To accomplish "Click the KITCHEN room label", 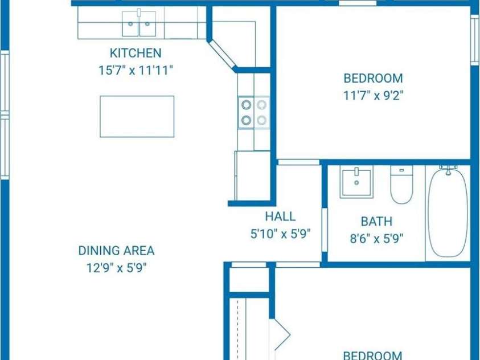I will (x=136, y=54).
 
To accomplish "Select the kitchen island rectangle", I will (x=137, y=116).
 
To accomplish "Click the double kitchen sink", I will (x=140, y=24).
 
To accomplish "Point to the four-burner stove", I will (x=253, y=112).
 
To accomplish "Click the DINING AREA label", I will (x=116, y=251).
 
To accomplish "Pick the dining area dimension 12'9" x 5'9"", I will (x=116, y=268).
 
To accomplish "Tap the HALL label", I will (x=280, y=216).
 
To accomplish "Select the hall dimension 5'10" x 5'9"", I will (x=280, y=234).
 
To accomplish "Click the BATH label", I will (x=376, y=222).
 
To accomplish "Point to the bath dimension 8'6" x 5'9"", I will (x=376, y=238).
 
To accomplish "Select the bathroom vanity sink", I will (x=356, y=183).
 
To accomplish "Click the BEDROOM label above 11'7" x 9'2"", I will (x=373, y=79).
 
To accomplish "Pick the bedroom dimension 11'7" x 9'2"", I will (x=373, y=95).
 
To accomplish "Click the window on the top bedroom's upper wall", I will (x=358, y=3).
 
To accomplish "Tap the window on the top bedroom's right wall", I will (x=474, y=39).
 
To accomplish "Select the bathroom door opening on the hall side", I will (x=325, y=230).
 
